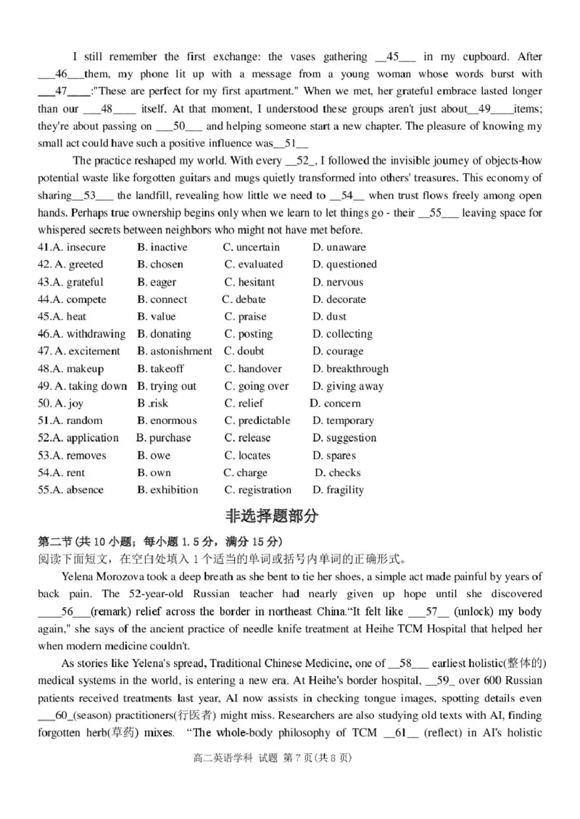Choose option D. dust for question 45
329,317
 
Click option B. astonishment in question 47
175,352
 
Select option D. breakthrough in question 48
350,369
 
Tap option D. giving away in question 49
348,386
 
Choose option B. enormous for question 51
167,421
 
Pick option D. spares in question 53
334,456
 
